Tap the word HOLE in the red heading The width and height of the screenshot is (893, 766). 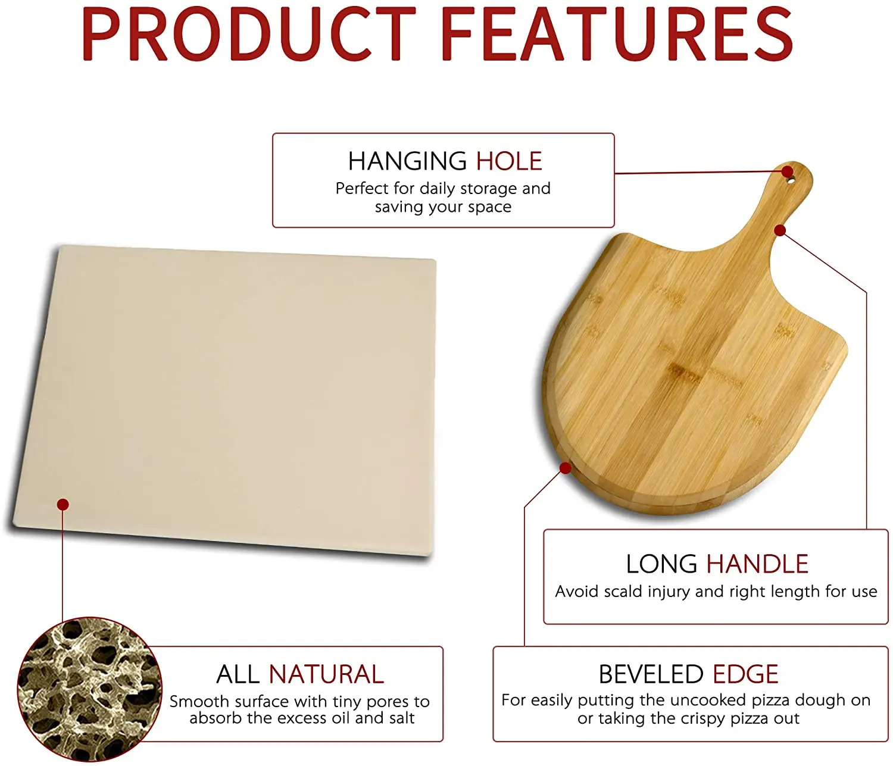[x=509, y=161]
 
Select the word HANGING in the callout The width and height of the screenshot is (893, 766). [x=407, y=161]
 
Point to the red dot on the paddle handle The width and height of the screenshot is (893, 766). [x=780, y=230]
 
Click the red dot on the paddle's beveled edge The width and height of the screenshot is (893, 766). [x=565, y=468]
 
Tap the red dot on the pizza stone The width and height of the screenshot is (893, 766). [x=63, y=505]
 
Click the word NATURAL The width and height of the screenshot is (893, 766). [x=326, y=674]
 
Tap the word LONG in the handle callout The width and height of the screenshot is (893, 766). [x=661, y=564]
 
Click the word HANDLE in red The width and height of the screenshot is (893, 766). [x=757, y=564]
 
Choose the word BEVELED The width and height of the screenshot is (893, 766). [x=651, y=674]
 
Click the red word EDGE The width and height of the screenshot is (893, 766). [x=745, y=674]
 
